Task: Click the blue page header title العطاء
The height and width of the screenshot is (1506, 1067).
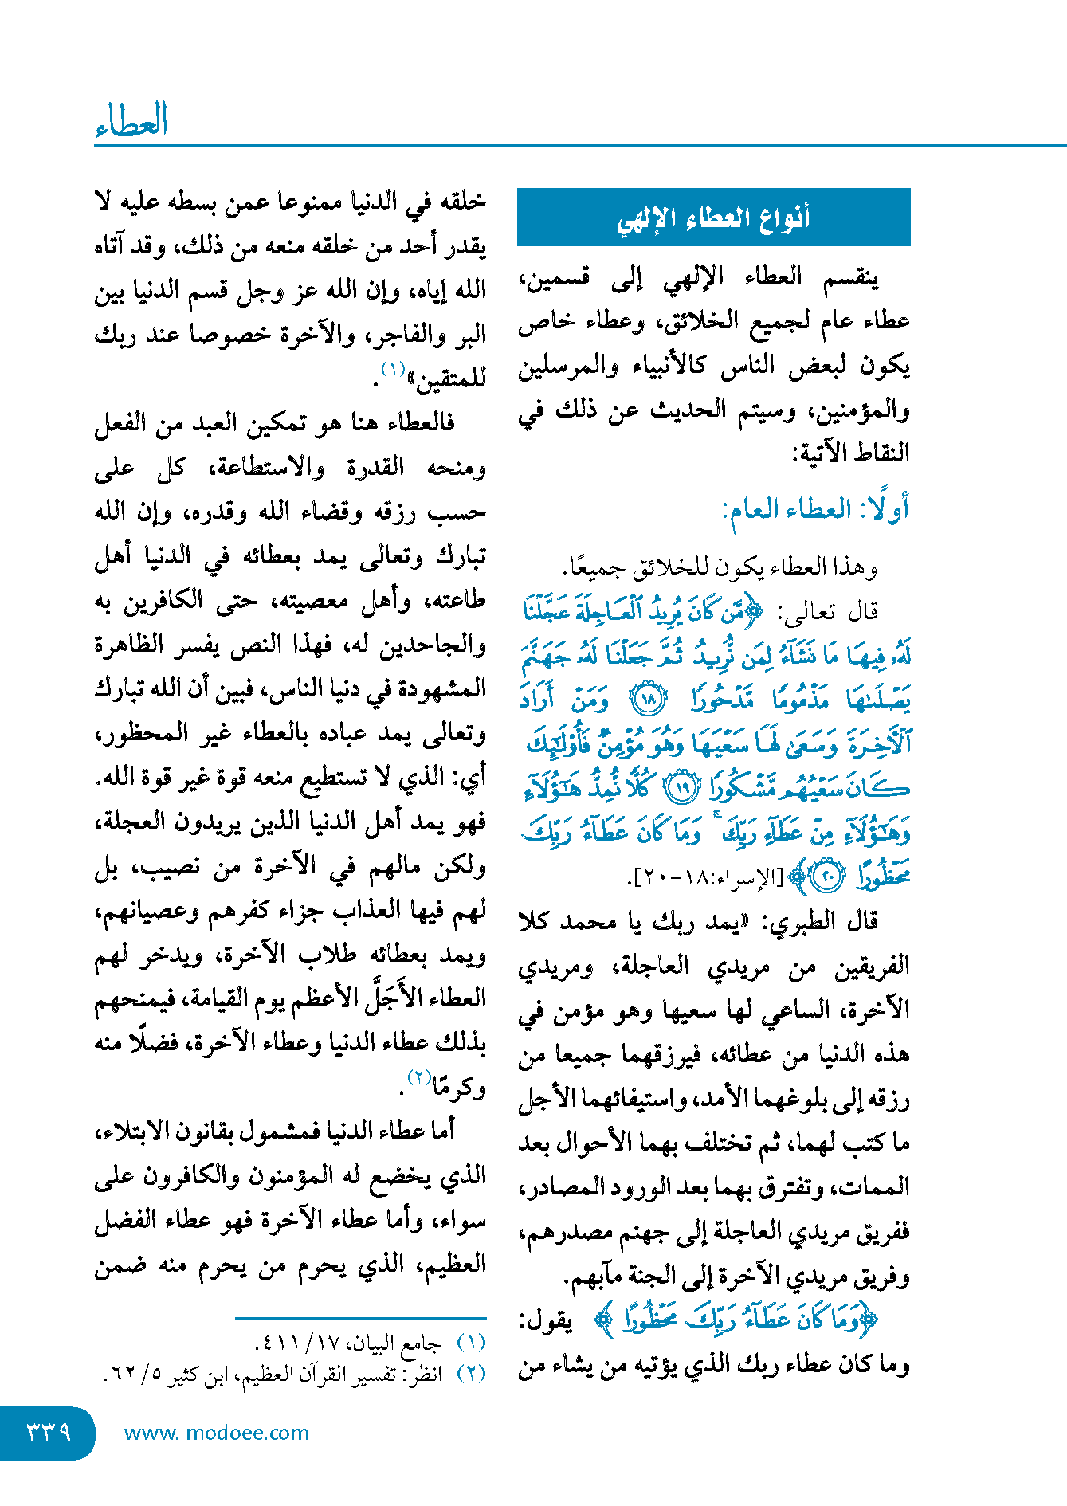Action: coord(131,121)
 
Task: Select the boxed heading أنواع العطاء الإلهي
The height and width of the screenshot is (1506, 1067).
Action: coord(713,218)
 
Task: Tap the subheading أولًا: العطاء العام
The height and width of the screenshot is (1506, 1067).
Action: coord(815,508)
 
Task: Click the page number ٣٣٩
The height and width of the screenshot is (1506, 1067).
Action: coord(49,1432)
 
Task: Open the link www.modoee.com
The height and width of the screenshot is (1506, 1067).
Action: coord(216,1433)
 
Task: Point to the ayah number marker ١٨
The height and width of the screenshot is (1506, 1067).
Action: coord(649,700)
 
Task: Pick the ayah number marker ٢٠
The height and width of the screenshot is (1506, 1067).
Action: coord(826,877)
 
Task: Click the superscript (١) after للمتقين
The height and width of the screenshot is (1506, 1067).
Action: coord(394,369)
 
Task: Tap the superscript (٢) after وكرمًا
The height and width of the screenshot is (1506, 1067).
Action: coord(420,1077)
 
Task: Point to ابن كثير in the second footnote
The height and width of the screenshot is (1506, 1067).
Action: coord(200,1375)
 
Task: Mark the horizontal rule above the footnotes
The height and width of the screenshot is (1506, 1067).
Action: coord(360,1319)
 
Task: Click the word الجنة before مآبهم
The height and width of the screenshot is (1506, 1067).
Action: coord(647,1277)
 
